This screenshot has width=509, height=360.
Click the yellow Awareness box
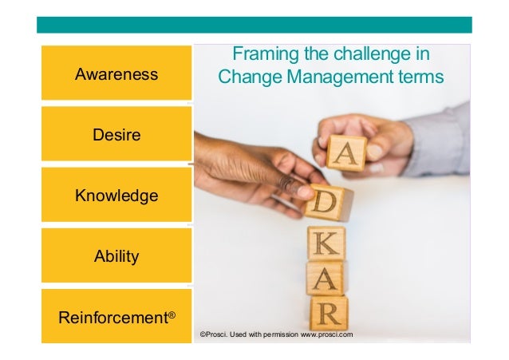coord(116,74)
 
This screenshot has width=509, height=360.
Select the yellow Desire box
coord(116,135)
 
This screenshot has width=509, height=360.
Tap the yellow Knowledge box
coord(116,196)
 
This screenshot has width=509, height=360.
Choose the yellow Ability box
coord(116,256)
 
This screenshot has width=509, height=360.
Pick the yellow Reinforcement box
coord(116,317)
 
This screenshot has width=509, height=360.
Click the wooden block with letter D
coord(327,202)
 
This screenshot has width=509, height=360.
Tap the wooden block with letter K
coord(326,243)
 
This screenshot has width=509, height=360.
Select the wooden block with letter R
coord(329,312)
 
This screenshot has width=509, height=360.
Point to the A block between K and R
coord(326,278)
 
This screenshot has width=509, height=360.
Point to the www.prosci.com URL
coord(326,334)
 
